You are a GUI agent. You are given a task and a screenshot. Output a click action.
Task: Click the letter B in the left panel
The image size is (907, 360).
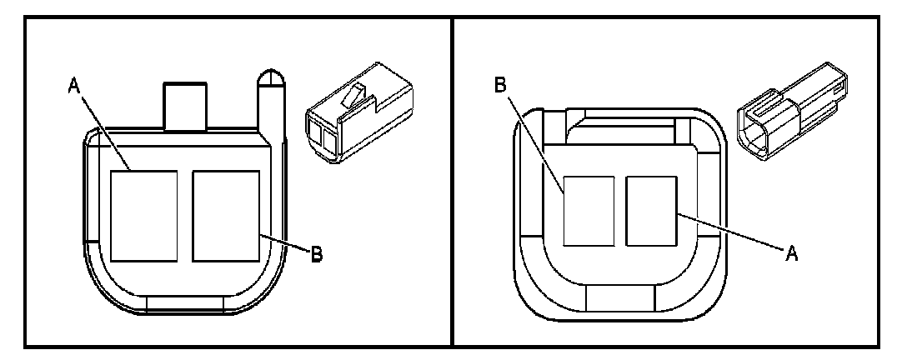(x=316, y=255)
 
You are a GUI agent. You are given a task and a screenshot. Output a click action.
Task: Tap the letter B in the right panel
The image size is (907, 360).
(x=500, y=86)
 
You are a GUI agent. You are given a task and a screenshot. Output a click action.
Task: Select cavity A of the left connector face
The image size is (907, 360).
(x=143, y=215)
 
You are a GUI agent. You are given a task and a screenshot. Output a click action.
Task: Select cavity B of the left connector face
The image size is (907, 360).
(x=225, y=215)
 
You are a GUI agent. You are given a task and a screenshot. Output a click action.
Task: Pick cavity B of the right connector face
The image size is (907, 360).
(x=589, y=211)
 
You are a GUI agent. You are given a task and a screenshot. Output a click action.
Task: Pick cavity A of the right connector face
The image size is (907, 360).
(x=651, y=210)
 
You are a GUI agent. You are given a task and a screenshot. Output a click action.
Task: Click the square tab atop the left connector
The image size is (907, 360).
(x=184, y=105)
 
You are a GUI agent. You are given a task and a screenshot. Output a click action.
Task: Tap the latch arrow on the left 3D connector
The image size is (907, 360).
(x=355, y=101)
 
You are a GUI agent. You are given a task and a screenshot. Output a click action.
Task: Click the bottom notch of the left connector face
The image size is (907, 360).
(x=184, y=303)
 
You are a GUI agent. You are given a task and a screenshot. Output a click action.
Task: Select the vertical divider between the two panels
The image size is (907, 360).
(x=451, y=180)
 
